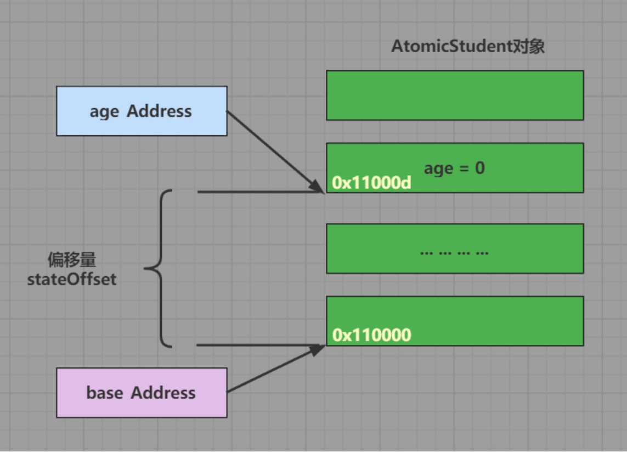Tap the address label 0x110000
coord(372,335)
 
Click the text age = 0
coord(454,168)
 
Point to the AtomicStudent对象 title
coord(467,47)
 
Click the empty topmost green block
coord(455,95)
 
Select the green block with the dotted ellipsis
coord(455,248)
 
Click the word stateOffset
coord(72,279)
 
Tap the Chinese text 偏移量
coord(72,260)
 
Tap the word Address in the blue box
coord(159,111)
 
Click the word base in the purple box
coord(104,393)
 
